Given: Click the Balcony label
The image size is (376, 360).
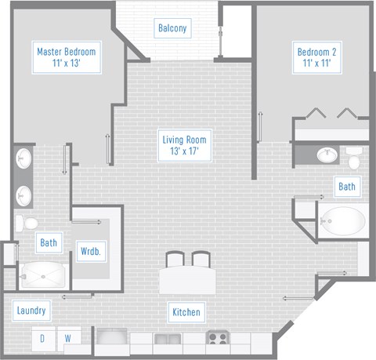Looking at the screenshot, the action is click(172, 28).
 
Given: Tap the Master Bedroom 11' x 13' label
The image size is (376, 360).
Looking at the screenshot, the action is click(67, 57).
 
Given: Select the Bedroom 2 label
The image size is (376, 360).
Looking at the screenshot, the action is click(316, 57).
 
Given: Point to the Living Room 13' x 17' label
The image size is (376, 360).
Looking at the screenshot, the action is click(184, 145).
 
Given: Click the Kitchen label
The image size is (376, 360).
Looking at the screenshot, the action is click(186, 312).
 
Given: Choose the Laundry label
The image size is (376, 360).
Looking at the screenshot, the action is click(31, 311).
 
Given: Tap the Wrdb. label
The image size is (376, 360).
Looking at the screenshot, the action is click(91, 251).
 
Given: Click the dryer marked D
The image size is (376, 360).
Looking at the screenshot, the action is click(43, 339).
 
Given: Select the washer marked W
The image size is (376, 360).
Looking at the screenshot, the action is click(68, 339).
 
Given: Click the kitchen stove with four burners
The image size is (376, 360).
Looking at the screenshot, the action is click(217, 338).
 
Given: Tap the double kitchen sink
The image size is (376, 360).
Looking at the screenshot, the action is click(168, 340).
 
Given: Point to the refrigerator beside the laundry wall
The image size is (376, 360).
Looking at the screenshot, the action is click(112, 336).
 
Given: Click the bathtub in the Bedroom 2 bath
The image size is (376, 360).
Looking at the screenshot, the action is click(342, 221).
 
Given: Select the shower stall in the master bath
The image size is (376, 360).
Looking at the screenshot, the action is click(43, 275).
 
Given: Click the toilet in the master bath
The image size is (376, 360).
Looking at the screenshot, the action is click(27, 224).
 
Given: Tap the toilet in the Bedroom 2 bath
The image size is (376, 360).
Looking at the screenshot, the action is click(354, 158).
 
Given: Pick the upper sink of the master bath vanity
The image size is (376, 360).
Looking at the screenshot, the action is click(23, 158).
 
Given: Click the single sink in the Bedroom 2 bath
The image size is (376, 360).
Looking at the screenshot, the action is click(327, 155).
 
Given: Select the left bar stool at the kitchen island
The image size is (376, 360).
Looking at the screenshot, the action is click(175, 259).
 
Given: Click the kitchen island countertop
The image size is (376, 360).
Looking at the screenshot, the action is click(188, 280).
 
